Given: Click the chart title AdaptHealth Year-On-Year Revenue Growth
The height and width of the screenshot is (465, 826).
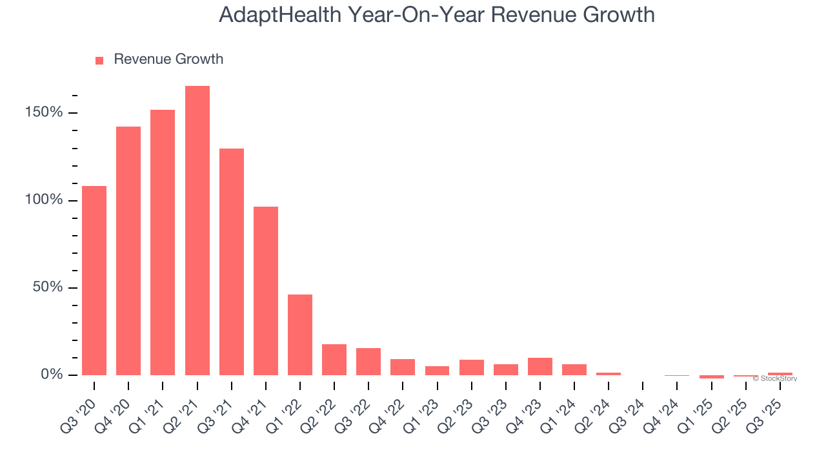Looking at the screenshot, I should [x=437, y=15].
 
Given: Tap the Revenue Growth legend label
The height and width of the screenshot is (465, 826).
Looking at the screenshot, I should [x=168, y=59].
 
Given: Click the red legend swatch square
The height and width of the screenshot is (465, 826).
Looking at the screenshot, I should [x=99, y=61].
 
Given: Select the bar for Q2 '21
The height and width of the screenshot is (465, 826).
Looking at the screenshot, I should [x=197, y=231].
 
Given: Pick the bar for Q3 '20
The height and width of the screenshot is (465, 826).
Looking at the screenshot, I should [x=94, y=280].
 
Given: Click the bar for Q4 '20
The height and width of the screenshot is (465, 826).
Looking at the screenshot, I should [x=128, y=251].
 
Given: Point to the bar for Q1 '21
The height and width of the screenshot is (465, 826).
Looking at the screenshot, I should [x=163, y=242].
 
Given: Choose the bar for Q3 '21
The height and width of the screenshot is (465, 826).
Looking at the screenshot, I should [x=232, y=262].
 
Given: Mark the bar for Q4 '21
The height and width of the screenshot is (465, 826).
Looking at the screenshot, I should [x=266, y=291].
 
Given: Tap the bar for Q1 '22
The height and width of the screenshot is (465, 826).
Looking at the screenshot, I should [x=300, y=335].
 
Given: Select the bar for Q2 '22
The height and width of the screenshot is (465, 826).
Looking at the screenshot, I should [x=334, y=360].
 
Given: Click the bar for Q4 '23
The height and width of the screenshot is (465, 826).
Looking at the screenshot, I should [x=540, y=366].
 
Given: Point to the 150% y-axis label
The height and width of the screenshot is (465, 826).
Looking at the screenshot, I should [x=44, y=113].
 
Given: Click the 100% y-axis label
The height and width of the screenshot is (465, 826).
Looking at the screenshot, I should [x=44, y=200].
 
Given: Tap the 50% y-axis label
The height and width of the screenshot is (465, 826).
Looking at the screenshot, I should [x=48, y=287].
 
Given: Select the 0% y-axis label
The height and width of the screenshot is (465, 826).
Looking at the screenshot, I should [x=52, y=375].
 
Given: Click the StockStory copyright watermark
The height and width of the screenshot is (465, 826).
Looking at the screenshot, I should [x=774, y=378].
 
